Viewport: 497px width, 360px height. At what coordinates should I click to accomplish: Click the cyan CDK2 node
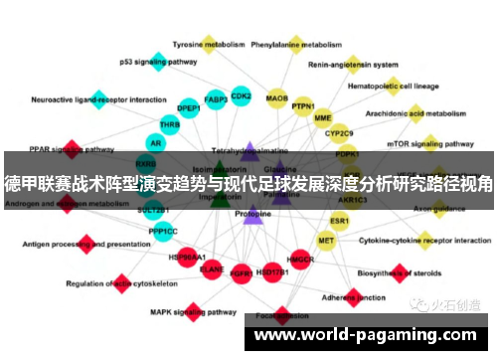[x=241, y=96]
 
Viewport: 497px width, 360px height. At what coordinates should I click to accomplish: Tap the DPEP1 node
[x=189, y=108]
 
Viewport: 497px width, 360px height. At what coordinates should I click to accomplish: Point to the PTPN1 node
[x=303, y=106]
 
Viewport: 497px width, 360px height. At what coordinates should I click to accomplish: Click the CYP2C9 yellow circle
[x=340, y=132]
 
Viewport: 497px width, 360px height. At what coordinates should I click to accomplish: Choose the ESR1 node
[x=340, y=221]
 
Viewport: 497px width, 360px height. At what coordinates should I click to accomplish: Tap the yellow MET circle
[x=326, y=240]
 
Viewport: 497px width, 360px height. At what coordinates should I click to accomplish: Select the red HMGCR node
[x=300, y=261]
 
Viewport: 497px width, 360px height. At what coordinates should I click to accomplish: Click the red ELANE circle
[x=212, y=269]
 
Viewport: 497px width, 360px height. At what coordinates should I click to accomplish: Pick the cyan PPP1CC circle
[x=163, y=231]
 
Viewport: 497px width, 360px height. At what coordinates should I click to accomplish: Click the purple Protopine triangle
[x=252, y=214]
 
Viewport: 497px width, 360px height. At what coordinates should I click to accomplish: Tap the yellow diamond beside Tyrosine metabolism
[x=209, y=43]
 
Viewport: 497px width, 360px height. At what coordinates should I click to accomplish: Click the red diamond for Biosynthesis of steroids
[x=401, y=270]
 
